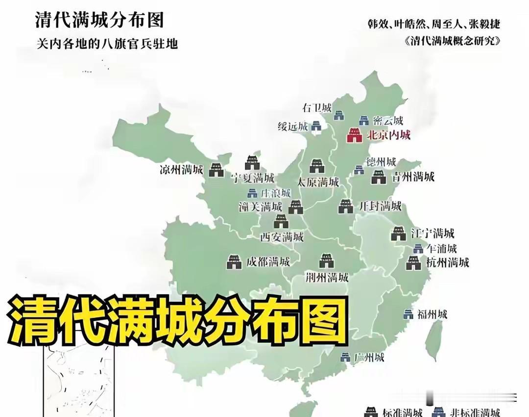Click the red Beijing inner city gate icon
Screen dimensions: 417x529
point(354,135)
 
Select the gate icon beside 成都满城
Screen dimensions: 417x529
point(234,262)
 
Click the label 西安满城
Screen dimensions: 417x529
point(282,237)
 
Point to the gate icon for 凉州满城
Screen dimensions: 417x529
point(216,170)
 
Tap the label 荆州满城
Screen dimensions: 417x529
point(327,278)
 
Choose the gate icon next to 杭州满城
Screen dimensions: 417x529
point(413,263)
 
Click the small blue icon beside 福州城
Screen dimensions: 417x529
point(408,314)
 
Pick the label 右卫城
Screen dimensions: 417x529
point(317,108)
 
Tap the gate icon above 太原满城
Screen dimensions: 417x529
point(317,166)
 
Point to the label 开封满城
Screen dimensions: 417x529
point(381,206)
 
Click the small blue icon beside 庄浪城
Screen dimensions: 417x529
point(252,193)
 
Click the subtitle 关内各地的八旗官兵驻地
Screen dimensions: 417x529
point(107,43)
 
